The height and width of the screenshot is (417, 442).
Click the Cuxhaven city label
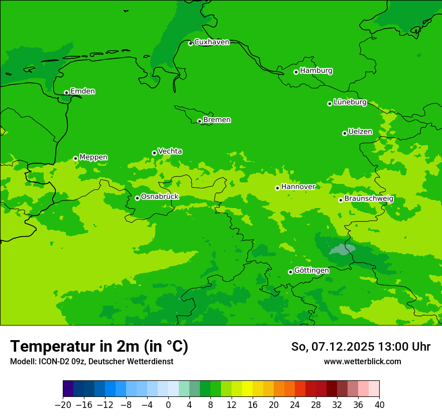[x=211, y=42]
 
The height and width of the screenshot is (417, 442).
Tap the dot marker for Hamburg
[x=296, y=72]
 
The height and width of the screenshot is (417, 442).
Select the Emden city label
[x=82, y=91]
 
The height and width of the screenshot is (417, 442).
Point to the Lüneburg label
[x=350, y=102]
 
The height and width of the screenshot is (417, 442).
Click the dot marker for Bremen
[x=199, y=121]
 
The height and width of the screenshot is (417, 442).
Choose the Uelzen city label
[x=360, y=132]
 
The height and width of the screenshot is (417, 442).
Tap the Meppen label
[x=93, y=157]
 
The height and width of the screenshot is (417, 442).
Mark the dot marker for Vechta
[x=154, y=153]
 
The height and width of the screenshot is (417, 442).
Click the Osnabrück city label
[x=160, y=197]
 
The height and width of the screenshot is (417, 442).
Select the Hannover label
[x=298, y=187]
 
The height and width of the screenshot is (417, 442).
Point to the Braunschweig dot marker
[x=341, y=200]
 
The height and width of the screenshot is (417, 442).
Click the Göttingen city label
[x=311, y=271]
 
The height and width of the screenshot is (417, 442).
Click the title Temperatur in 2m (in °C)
[x=99, y=347]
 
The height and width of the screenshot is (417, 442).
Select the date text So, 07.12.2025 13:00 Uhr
[x=361, y=347]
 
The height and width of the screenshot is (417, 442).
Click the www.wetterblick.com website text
[x=362, y=361]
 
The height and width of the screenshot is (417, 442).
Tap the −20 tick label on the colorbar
[x=63, y=405]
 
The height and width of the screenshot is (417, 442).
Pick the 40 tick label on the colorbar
[x=379, y=405]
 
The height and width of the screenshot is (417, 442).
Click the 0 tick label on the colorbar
[x=168, y=405]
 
